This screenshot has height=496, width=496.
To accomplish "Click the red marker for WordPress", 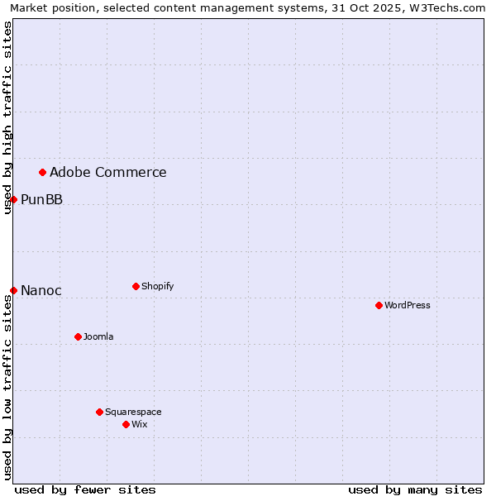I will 379,305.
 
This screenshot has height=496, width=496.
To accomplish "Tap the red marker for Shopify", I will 136,286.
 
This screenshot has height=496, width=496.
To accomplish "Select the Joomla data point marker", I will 78,336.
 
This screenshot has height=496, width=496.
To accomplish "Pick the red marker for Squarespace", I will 99,412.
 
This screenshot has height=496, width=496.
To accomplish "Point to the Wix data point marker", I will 126,424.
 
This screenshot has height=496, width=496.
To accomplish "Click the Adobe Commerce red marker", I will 42,172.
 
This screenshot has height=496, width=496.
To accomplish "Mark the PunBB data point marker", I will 13,199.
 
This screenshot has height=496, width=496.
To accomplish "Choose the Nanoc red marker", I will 13,290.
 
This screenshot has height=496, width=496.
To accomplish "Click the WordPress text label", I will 408,305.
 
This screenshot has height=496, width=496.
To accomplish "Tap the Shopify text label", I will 158,286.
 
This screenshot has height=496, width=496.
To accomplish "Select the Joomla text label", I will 98,336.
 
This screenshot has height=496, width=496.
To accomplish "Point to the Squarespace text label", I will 133,412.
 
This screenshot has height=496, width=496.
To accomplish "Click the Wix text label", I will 140,424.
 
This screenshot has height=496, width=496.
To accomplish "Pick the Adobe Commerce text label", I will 108,172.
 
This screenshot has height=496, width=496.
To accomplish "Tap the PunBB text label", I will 42,199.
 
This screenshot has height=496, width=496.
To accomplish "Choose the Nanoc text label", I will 41,290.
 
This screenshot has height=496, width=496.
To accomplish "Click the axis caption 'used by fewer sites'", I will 85,489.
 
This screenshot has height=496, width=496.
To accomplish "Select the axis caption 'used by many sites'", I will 415,489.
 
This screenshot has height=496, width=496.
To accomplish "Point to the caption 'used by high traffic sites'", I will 7,117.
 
